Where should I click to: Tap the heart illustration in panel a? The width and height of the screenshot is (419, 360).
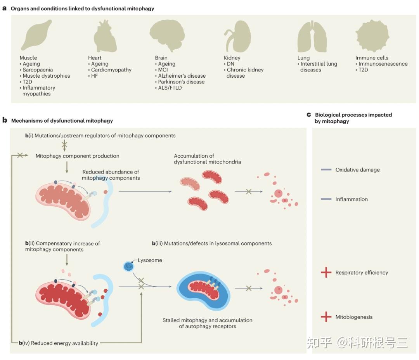tap(105, 37)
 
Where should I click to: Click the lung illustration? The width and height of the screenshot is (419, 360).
tap(309, 37)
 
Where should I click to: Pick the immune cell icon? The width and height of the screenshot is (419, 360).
tap(372, 37)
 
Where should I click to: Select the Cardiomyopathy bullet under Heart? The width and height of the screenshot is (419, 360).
tap(111, 70)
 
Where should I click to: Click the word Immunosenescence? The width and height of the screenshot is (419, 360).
tap(383, 64)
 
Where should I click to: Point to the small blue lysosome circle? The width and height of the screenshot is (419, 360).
tap(128, 266)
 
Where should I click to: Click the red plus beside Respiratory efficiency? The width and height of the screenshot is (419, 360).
tap(326, 273)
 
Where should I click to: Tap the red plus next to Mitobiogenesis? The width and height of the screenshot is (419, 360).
tap(326, 317)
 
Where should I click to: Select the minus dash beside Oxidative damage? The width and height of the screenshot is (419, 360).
tap(326, 170)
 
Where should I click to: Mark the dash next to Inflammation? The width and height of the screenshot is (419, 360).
tap(326, 199)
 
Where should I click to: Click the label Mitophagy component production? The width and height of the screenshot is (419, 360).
tap(78, 156)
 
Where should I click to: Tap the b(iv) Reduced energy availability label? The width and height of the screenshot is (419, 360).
tap(59, 343)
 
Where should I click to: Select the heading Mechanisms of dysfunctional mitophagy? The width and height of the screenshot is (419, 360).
tap(62, 121)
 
